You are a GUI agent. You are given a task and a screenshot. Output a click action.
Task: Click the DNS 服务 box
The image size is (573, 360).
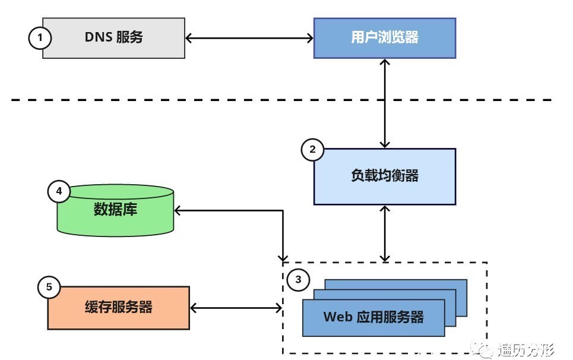[113, 38]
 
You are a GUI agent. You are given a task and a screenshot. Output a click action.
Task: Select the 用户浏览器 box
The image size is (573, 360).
[384, 38]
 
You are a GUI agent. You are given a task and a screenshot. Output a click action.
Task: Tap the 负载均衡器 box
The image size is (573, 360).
[384, 176]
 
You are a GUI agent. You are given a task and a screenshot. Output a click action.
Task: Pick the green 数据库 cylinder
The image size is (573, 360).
[115, 211]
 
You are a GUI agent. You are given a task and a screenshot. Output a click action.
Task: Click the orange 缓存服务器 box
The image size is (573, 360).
[118, 308]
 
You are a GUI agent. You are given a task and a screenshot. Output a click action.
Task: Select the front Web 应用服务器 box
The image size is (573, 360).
[373, 317]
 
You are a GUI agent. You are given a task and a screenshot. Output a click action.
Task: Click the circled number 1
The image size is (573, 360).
[40, 38]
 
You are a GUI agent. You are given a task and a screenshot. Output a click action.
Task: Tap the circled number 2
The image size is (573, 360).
[312, 150]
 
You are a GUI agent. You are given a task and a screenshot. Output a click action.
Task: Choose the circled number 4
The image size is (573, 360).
[58, 191]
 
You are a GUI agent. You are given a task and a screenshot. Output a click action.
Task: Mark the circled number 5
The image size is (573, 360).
[49, 288]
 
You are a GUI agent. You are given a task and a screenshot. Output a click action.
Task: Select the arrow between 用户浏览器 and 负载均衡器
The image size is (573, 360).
[386, 103]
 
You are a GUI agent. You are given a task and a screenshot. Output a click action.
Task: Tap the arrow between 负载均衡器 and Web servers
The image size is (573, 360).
[386, 233]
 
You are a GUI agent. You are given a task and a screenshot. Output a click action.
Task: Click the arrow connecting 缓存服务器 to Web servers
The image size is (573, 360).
[236, 308]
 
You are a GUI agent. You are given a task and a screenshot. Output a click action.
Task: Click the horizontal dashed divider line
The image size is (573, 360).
[178, 100]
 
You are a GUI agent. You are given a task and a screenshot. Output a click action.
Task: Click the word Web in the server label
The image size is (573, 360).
[338, 317]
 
